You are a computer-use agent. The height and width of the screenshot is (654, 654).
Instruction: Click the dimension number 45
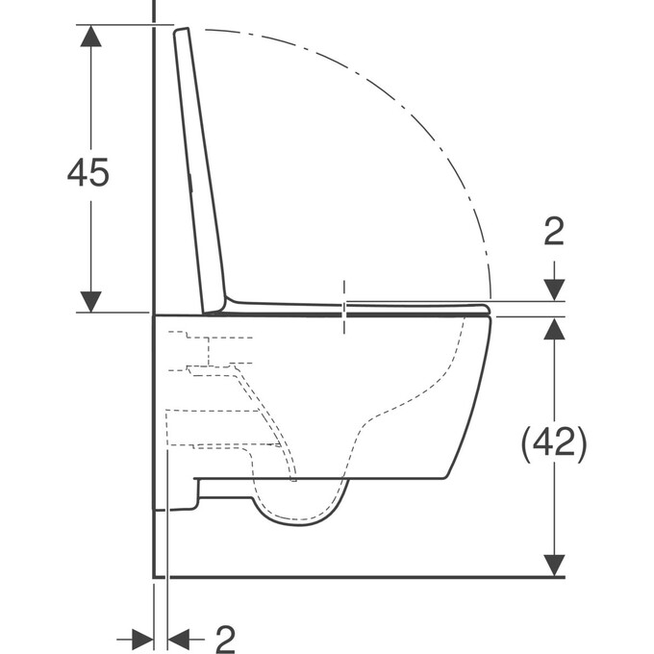click(x=88, y=172)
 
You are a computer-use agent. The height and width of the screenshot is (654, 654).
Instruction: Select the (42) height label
click(x=553, y=442)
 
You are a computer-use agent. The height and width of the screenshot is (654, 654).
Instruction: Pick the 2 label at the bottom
click(x=225, y=638)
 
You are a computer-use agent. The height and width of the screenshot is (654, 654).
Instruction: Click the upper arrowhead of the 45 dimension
click(x=90, y=36)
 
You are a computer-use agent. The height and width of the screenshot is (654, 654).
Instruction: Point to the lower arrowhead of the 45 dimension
click(x=90, y=301)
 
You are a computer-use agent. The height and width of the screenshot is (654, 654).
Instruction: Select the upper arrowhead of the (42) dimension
click(x=554, y=328)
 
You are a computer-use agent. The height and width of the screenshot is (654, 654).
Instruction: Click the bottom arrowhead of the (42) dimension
click(x=554, y=566)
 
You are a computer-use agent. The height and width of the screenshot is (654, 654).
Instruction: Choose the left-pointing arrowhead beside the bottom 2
click(x=180, y=638)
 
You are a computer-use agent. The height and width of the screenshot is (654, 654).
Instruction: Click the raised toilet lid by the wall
click(x=200, y=173)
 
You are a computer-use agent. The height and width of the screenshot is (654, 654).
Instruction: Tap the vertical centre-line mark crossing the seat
click(x=344, y=307)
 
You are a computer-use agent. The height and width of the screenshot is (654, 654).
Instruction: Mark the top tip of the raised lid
click(x=180, y=33)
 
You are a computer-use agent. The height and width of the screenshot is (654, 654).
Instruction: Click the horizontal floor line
click(x=356, y=577)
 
